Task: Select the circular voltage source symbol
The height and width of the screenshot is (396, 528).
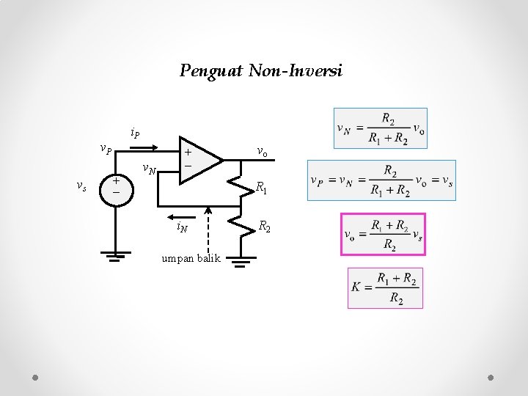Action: [x=115, y=186]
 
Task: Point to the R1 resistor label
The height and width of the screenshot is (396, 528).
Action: [x=261, y=190]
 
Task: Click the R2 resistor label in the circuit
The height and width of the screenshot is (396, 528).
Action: [x=265, y=227]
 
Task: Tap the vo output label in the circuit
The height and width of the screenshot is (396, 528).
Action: [x=262, y=151]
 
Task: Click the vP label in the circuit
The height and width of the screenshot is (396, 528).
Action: [x=106, y=150]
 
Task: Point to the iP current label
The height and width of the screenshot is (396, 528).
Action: [x=136, y=133]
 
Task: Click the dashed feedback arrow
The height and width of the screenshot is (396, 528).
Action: [x=208, y=231]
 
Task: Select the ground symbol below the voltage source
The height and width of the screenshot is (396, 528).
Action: [x=115, y=256]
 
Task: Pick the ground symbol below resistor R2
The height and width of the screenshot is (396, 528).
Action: [x=242, y=260]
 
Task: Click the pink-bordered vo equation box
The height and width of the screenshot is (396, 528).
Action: [x=383, y=234]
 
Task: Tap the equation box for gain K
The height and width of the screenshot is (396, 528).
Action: [x=386, y=288]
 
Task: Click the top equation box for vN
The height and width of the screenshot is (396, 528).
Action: [x=380, y=128]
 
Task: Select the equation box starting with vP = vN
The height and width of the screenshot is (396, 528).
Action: [x=381, y=180]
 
